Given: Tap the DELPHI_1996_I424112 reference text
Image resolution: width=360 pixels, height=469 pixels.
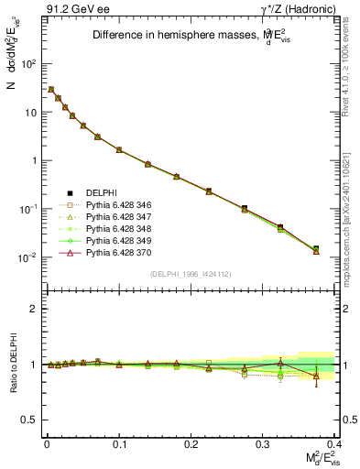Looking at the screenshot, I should click(190, 276).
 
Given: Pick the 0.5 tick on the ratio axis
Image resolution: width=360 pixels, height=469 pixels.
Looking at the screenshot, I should click(32, 420).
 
